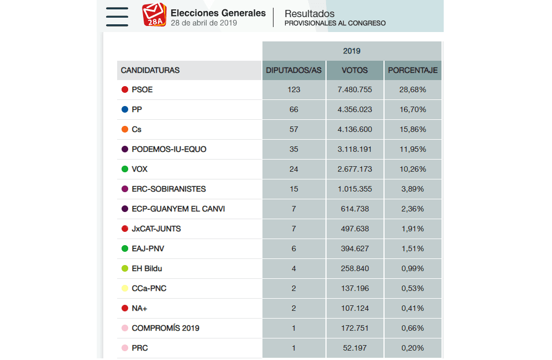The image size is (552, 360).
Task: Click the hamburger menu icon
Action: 117,17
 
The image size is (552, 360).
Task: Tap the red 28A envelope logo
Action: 154,15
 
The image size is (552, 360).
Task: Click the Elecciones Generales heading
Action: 218,13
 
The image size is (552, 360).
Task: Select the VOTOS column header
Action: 355,71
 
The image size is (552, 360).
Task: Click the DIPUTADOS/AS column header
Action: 293,71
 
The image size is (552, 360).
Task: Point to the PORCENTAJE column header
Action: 413,71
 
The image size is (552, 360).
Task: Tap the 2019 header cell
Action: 351,51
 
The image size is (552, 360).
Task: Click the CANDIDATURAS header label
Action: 150,71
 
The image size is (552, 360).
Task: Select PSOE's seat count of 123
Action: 293,90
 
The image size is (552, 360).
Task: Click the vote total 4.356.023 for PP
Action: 355,110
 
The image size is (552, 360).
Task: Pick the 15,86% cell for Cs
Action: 413,130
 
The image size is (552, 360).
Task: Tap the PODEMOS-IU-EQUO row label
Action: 169,150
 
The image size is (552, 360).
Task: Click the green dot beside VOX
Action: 125,170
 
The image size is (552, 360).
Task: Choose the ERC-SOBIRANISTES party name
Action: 169,189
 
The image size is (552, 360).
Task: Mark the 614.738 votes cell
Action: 355,209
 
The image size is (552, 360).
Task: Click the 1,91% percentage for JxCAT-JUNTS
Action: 413,229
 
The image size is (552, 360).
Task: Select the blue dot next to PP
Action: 125,110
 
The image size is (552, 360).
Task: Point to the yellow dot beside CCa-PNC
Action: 125,289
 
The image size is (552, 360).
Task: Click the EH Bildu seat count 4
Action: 293,269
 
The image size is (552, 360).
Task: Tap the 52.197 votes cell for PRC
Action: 355,348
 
